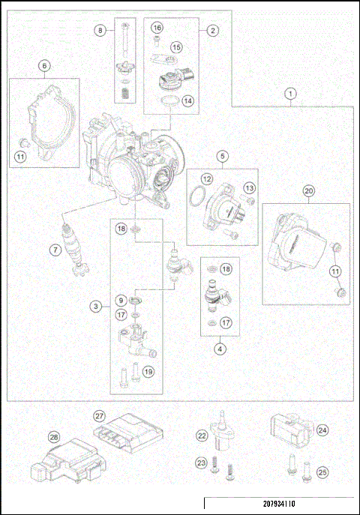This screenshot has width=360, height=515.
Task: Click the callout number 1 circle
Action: [x=291, y=94]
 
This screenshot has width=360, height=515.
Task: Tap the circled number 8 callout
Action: [x=100, y=30]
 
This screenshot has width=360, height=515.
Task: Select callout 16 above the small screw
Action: [x=157, y=28]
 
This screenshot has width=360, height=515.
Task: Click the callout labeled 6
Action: [x=44, y=66]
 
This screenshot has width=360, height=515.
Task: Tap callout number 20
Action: [x=308, y=191]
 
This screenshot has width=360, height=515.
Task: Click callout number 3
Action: [x=96, y=306]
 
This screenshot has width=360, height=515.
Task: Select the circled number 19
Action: [x=148, y=370]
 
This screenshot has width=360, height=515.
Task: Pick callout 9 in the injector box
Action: [x=120, y=300]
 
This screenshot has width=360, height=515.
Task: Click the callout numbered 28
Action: [x=53, y=437]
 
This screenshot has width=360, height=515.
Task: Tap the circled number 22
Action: [x=201, y=436]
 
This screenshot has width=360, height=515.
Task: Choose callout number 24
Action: [x=322, y=430]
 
